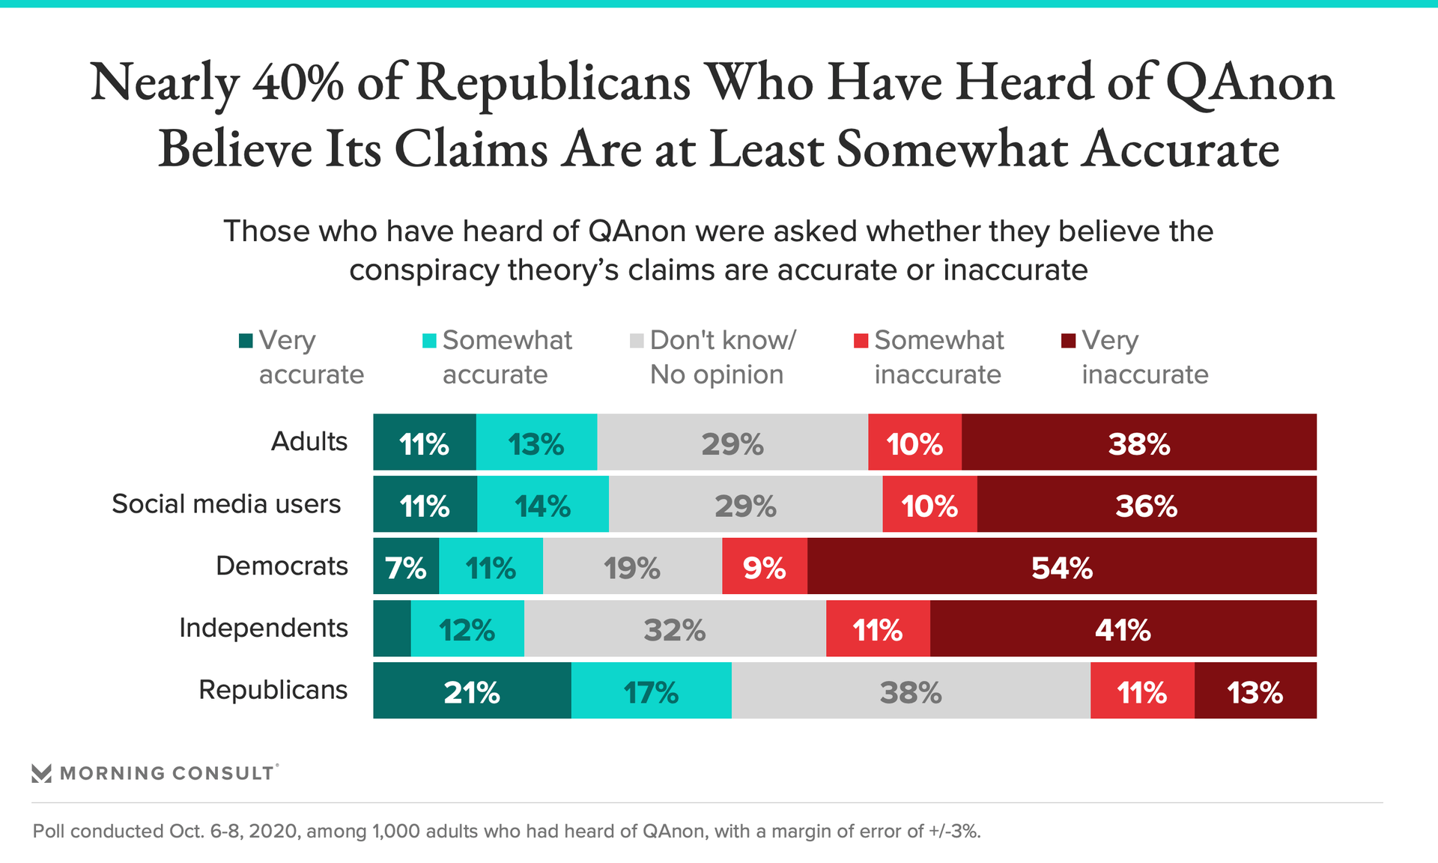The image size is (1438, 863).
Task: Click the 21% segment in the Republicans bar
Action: tap(472, 691)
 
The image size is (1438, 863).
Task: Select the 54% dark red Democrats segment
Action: tap(1061, 566)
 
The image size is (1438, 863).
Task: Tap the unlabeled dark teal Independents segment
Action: tap(392, 629)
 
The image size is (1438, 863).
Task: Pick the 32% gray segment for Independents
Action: tap(674, 629)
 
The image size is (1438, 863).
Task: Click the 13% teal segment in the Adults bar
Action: tap(536, 443)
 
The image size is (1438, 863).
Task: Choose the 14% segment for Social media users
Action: tap(543, 505)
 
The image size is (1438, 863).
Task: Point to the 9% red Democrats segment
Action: tap(764, 566)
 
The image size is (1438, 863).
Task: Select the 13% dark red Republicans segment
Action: tap(1255, 691)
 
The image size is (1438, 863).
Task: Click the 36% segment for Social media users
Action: tap(1146, 505)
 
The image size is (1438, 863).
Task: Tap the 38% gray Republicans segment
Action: tap(910, 691)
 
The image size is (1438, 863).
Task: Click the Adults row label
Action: tap(309, 442)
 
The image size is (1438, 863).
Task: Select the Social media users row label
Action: tap(226, 504)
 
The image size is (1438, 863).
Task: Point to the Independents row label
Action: tap(263, 628)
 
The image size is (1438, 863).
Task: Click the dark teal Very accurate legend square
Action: tap(246, 341)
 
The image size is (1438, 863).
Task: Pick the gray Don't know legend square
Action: tap(637, 341)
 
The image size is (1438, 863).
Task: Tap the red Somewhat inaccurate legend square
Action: tap(861, 341)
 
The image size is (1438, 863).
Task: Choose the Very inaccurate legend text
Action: tap(1144, 357)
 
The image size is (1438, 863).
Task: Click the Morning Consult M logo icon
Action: tap(42, 773)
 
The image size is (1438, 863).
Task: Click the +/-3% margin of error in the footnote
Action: tap(954, 832)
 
